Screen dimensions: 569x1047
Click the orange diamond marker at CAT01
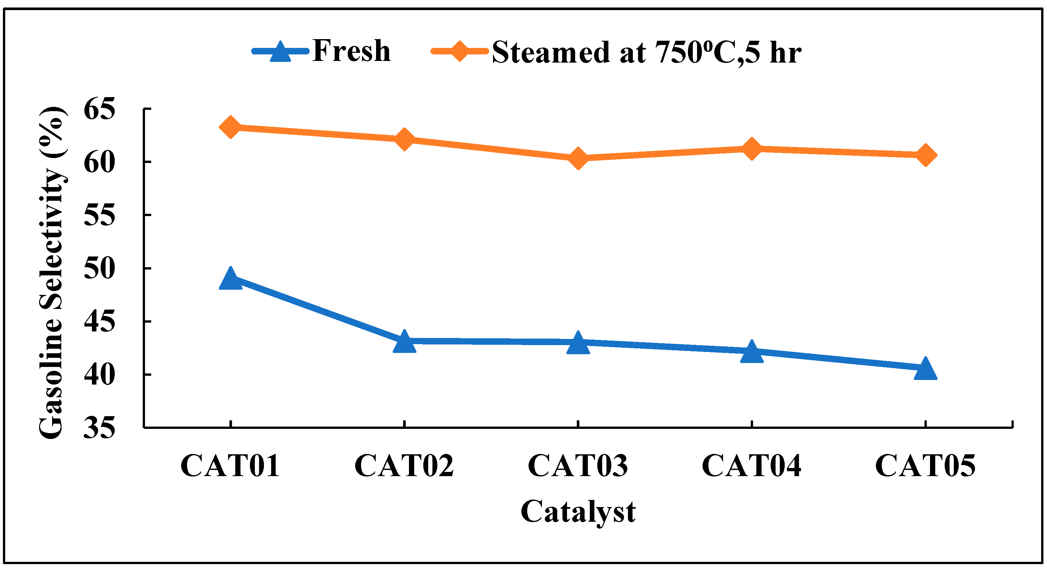point(230,127)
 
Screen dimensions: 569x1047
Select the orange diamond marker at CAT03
point(578,158)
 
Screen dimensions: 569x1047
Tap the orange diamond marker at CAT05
point(925,155)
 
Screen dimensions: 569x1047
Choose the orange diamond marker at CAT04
point(751,149)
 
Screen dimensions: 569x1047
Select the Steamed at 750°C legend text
point(646,52)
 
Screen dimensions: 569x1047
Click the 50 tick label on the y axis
point(99,268)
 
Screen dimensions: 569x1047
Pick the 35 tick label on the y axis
point(99,428)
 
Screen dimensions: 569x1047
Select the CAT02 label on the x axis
point(404,466)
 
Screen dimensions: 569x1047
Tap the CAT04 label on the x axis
point(751,466)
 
